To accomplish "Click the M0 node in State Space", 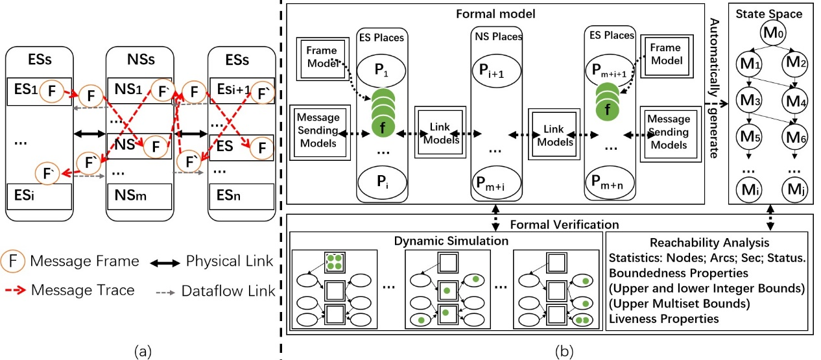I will pyautogui.click(x=770, y=32).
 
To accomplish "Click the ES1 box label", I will pyautogui.click(x=25, y=90).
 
